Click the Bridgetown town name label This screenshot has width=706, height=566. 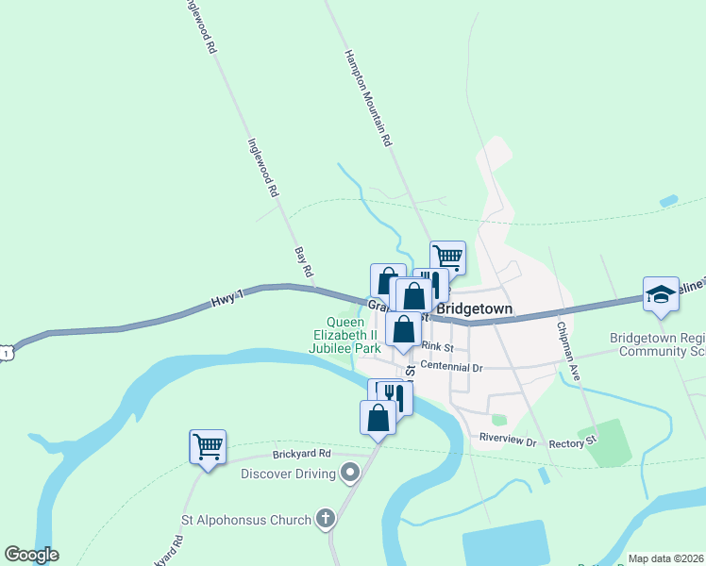pyautogui.click(x=474, y=308)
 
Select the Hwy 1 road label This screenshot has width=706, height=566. pyautogui.click(x=227, y=299)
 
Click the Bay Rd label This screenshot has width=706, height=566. pyautogui.click(x=304, y=262)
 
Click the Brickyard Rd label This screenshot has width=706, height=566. pyautogui.click(x=297, y=454)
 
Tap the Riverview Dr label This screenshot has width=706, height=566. pyautogui.click(x=507, y=440)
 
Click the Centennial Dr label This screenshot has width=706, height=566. pyautogui.click(x=451, y=366)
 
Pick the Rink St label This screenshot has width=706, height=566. pyautogui.click(x=438, y=347)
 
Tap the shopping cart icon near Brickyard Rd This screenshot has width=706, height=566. pyautogui.click(x=208, y=446)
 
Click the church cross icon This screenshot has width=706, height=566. pyautogui.click(x=325, y=518)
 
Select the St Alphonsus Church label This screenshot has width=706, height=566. pyautogui.click(x=246, y=520)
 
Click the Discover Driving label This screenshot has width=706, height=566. pyautogui.click(x=288, y=473)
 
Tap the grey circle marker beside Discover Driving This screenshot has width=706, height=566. pyautogui.click(x=351, y=472)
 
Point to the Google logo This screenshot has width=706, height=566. pyautogui.click(x=31, y=555)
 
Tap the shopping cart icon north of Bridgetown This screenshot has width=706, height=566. pyautogui.click(x=447, y=257)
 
